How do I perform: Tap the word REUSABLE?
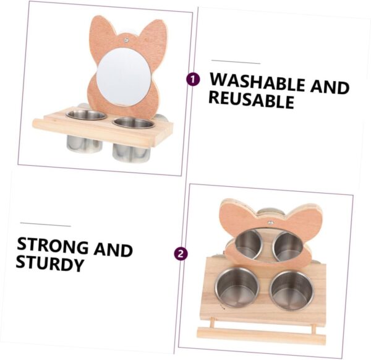(251, 100)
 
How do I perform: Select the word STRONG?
(53, 246)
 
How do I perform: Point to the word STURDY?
(49, 263)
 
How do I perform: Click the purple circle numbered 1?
(193, 79)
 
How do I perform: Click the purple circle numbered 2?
(181, 254)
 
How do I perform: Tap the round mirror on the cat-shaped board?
(124, 77)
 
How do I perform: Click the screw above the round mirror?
(126, 40)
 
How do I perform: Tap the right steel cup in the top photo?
(132, 139)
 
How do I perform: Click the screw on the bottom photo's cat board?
(270, 223)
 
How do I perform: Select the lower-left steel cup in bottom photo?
(237, 288)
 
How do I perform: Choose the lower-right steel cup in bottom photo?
(292, 291)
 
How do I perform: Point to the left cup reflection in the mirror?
(249, 244)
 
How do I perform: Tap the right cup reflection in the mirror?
(288, 247)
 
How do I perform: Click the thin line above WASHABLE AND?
(236, 62)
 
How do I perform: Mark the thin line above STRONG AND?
(45, 225)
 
